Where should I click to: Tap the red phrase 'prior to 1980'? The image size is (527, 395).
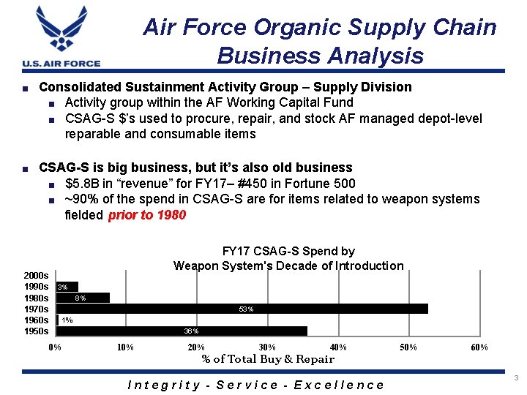tap(147, 215)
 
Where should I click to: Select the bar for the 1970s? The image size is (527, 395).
tap(242, 309)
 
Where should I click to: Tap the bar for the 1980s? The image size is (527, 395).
tap(83, 298)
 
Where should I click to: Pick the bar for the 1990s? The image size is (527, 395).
tap(67, 287)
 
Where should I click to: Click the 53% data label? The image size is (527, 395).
tap(246, 309)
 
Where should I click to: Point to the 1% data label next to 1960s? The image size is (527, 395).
tap(67, 320)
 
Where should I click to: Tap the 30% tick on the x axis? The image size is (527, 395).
tap(267, 347)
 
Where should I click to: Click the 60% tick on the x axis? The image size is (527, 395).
tap(479, 347)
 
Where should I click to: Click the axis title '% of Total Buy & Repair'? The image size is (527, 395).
tap(268, 358)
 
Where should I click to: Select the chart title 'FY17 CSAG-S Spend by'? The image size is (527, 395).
tap(288, 252)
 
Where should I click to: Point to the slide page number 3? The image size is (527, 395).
tap(516, 378)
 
